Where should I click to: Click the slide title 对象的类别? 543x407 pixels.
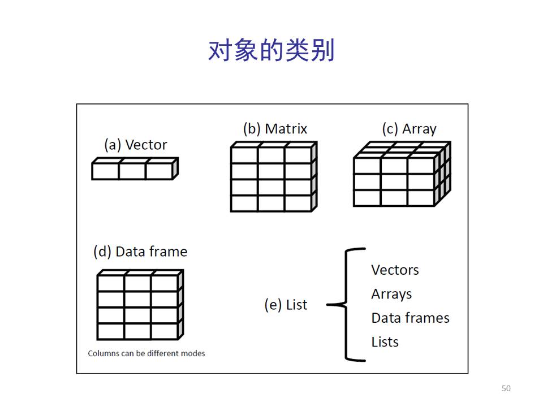click(271, 51)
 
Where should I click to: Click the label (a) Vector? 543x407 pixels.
click(136, 145)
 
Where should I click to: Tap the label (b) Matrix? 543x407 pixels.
click(275, 129)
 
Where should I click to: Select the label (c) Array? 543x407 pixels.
click(409, 129)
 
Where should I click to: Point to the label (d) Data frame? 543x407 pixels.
click(140, 252)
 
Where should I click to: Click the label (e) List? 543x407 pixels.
click(286, 305)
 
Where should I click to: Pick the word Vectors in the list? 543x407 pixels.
click(395, 270)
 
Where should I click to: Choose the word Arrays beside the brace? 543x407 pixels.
click(391, 294)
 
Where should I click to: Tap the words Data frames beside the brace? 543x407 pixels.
click(410, 318)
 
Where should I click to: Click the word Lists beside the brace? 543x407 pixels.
click(385, 342)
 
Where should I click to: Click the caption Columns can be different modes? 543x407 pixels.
click(146, 353)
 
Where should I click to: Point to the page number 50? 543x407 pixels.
click(506, 388)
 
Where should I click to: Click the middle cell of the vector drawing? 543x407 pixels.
click(132, 171)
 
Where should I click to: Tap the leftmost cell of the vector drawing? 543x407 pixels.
click(105, 171)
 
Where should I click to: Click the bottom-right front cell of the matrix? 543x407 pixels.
click(298, 203)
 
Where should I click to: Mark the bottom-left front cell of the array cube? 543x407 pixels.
click(367, 198)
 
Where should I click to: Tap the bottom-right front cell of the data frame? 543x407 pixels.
click(164, 331)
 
